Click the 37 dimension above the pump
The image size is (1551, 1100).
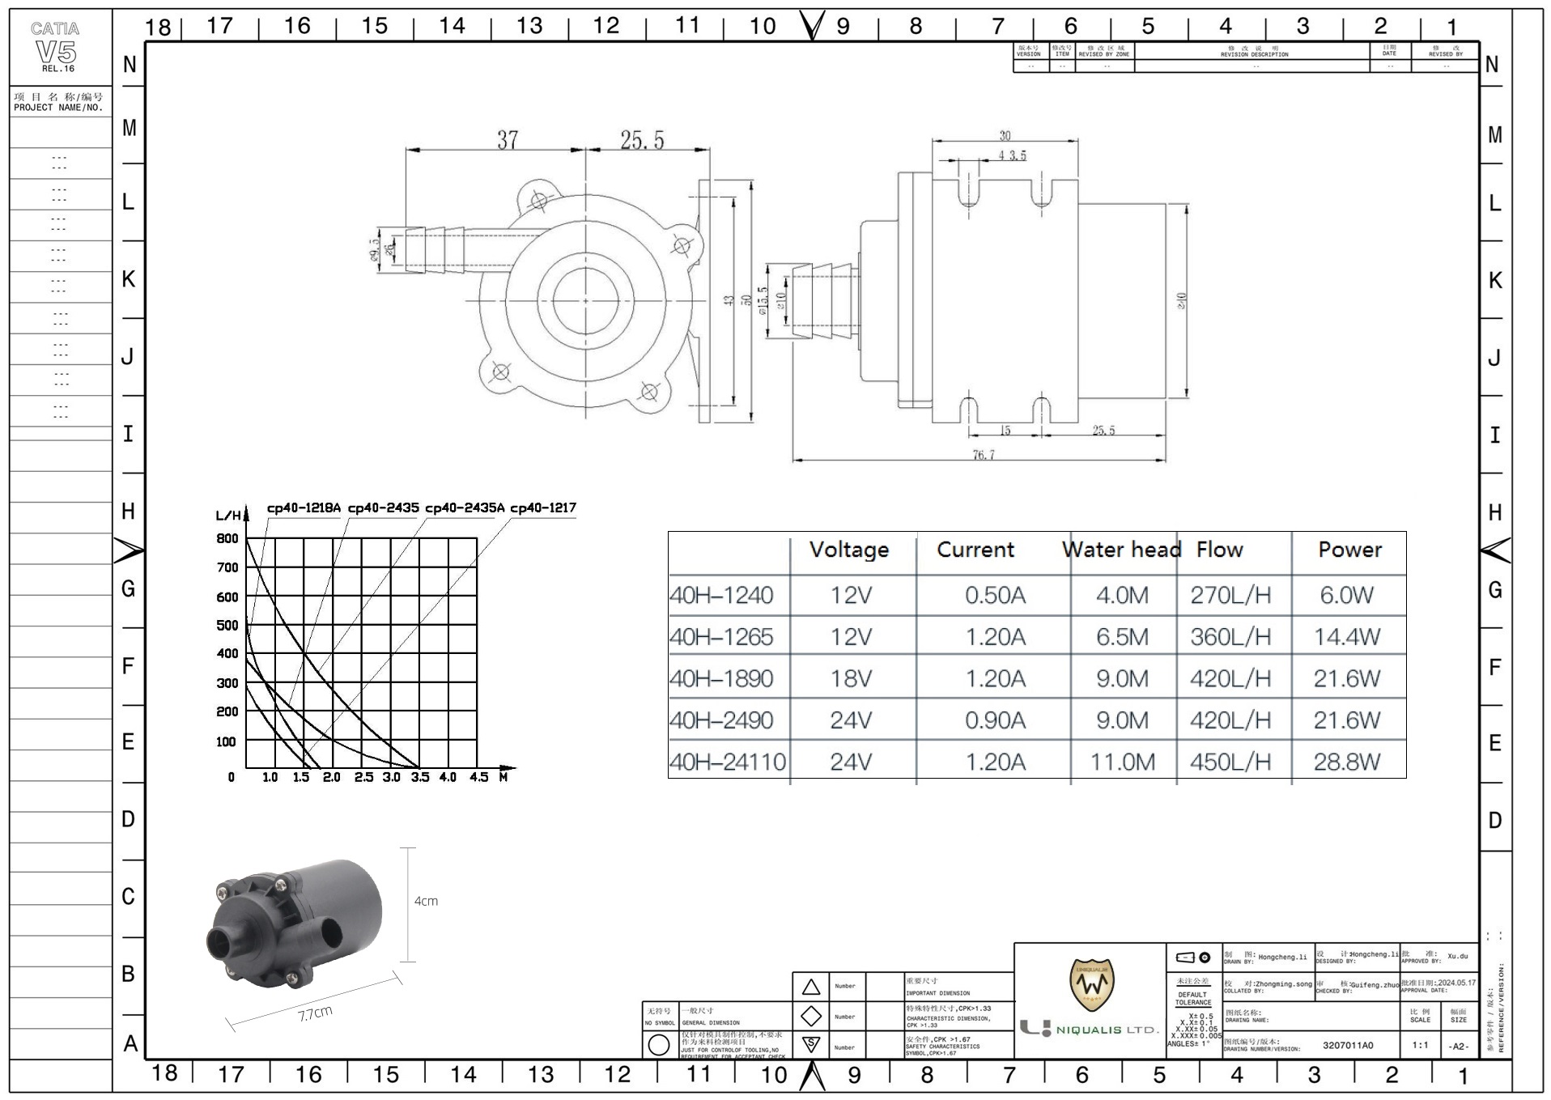coord(507,140)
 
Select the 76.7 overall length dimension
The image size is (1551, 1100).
coord(983,455)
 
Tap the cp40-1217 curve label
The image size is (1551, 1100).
coord(542,508)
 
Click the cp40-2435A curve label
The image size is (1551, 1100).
coord(464,508)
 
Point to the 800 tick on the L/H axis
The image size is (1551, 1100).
coord(227,539)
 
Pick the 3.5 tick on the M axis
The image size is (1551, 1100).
coord(419,777)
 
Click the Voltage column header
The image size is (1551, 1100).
coord(849,550)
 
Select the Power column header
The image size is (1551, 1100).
coord(1349,550)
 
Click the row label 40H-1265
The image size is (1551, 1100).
coord(721,637)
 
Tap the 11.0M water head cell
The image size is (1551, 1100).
coord(1122,762)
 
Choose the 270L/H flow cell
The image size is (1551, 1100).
coord(1230,596)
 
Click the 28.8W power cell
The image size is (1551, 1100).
coord(1346,762)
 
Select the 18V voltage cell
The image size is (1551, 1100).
coord(851,678)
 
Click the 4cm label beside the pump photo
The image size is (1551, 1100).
coord(426,901)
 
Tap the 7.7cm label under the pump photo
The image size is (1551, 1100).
coord(315,1013)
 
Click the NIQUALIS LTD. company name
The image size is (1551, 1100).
coord(1107,1030)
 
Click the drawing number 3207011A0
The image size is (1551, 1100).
coord(1348,1045)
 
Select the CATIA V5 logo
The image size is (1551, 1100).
coord(56,47)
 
